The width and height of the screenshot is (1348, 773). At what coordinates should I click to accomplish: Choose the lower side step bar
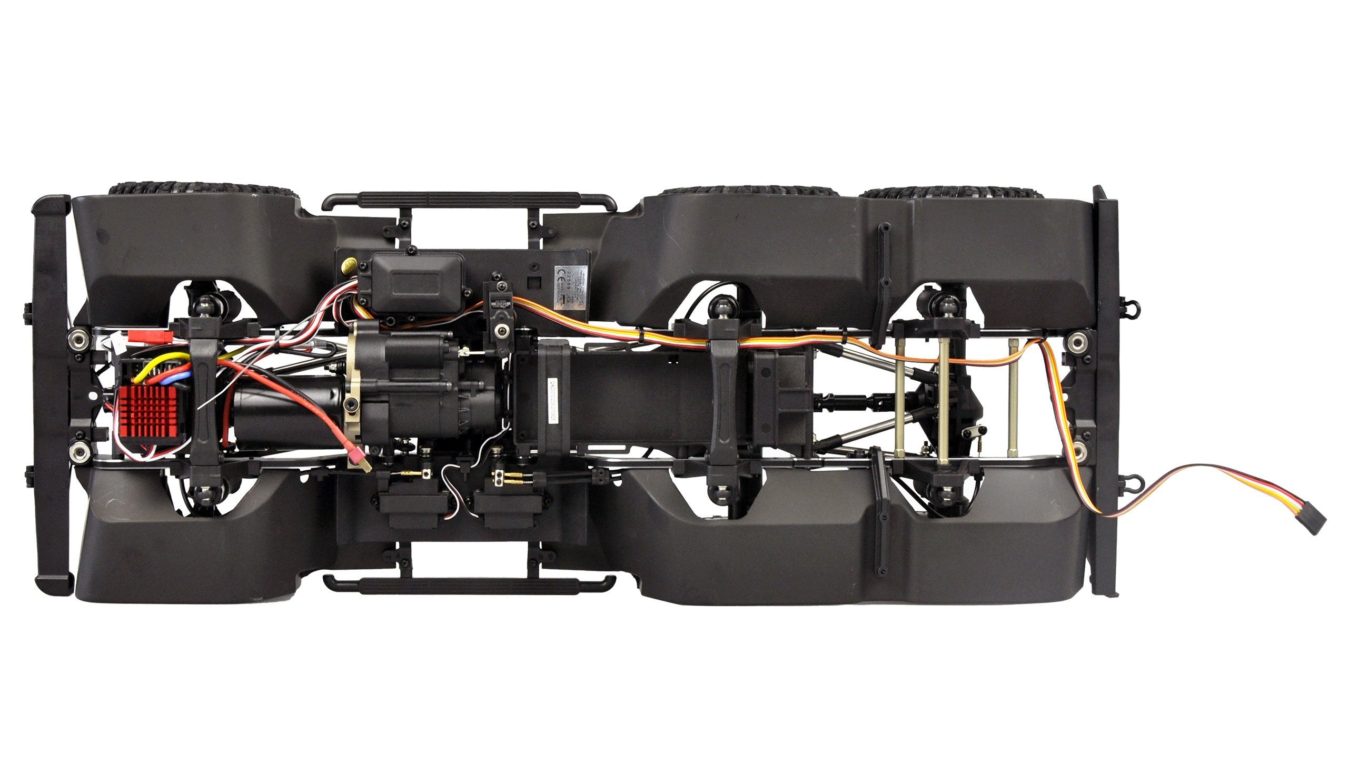469,584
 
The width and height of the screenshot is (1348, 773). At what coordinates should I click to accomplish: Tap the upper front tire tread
202,189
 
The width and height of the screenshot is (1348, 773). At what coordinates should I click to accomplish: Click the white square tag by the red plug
118,345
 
